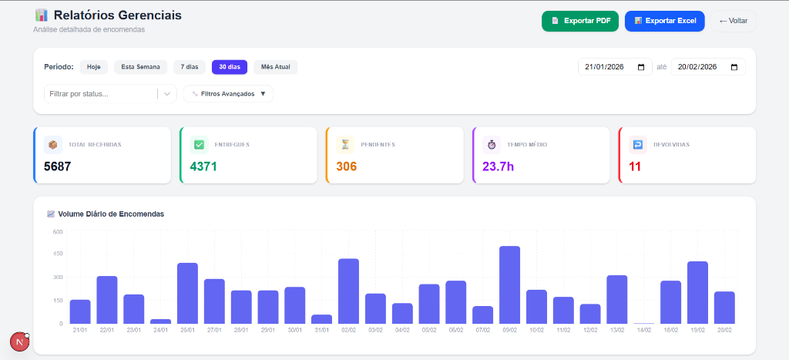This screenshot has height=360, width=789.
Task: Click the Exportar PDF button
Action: pos(579,21)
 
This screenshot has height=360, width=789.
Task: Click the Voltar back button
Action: pos(733,21)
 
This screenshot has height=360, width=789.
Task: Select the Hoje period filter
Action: pos(93,67)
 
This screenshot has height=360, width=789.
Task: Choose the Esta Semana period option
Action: pos(140,67)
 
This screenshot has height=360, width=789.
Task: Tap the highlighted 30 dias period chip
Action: pos(229,67)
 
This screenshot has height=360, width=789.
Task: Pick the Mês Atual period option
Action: pos(275,67)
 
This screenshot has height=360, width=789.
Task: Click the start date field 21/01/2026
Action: pos(605,67)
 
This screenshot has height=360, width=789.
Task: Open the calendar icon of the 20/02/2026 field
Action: pos(734,67)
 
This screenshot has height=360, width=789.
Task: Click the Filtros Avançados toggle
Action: pos(228,94)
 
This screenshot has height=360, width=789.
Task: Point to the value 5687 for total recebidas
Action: pos(58,166)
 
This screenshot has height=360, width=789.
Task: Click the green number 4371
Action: pos(203,166)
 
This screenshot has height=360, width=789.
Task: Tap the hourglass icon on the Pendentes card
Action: pos(345,144)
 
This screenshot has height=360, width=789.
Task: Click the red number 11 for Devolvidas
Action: pos(635,166)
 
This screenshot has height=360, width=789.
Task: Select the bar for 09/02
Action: pos(509,285)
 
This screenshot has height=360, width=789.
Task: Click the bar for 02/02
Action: pos(348,291)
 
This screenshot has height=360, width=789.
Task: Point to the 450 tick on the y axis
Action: pos(58,254)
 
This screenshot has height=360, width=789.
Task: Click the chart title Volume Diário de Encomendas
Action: pos(111,214)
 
